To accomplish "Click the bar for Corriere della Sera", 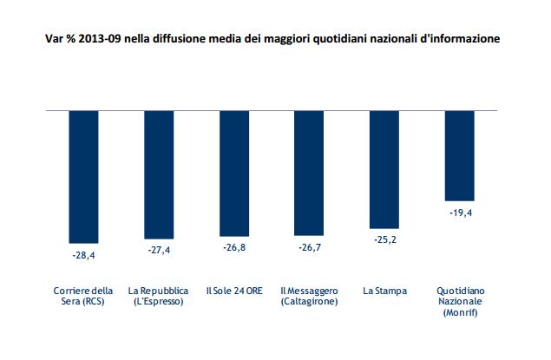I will click(83, 177).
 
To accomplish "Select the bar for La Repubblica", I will click(159, 174).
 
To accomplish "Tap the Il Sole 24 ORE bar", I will click(234, 173).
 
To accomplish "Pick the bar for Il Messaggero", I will click(309, 173).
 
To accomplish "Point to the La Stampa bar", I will click(384, 169).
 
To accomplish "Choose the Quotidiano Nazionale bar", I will click(459, 156).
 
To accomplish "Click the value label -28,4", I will click(83, 256).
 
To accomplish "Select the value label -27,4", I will click(159, 251).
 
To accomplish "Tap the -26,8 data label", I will click(234, 249).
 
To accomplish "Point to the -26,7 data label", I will click(309, 249).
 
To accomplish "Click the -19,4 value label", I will click(459, 213).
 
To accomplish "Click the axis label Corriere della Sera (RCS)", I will click(83, 295).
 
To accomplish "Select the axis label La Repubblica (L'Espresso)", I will click(159, 295).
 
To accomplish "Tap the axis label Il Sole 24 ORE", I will click(234, 290).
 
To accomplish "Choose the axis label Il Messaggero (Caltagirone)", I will click(309, 295).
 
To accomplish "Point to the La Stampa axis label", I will click(384, 290).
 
